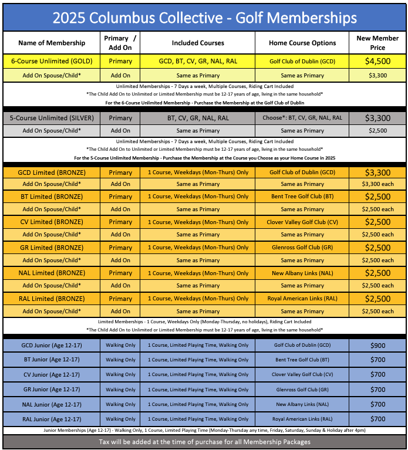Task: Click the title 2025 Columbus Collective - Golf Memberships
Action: click(204, 18)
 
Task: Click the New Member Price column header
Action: click(377, 43)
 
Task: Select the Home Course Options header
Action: click(302, 43)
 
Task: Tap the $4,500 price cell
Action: click(377, 61)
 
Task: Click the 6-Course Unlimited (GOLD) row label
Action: click(52, 61)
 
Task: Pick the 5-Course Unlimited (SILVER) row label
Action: click(52, 118)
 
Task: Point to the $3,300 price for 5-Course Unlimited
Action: click(377, 118)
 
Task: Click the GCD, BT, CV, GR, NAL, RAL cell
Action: click(198, 61)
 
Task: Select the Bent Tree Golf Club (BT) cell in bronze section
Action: click(302, 197)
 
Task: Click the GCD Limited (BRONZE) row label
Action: click(52, 172)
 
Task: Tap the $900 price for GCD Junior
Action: click(377, 346)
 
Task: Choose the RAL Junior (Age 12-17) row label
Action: click(52, 419)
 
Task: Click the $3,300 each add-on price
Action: click(377, 184)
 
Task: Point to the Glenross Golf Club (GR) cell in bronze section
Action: click(302, 248)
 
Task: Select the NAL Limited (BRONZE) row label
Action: click(52, 273)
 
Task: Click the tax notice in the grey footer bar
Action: click(204, 441)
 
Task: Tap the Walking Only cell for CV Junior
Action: click(120, 375)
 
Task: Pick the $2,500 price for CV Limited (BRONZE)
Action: click(377, 222)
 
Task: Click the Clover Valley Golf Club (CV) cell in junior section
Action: click(302, 375)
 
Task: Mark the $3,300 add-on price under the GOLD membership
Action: click(377, 75)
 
